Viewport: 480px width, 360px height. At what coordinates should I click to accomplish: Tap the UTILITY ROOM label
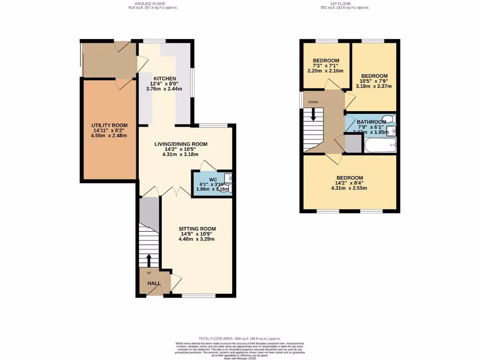[x=109, y=125]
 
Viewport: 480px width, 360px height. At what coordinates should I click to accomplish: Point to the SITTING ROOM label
[x=196, y=229]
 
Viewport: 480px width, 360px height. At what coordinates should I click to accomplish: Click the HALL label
[x=154, y=284]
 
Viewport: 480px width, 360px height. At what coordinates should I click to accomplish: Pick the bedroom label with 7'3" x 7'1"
[x=326, y=60]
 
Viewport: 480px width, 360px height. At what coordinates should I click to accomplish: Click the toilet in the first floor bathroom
[x=389, y=119]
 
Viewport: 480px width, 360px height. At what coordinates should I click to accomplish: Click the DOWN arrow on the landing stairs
[x=313, y=113]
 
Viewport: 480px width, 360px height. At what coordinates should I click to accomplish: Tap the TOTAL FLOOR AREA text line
[x=240, y=338]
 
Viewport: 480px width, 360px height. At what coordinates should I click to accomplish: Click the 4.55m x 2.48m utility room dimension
[x=109, y=136]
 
